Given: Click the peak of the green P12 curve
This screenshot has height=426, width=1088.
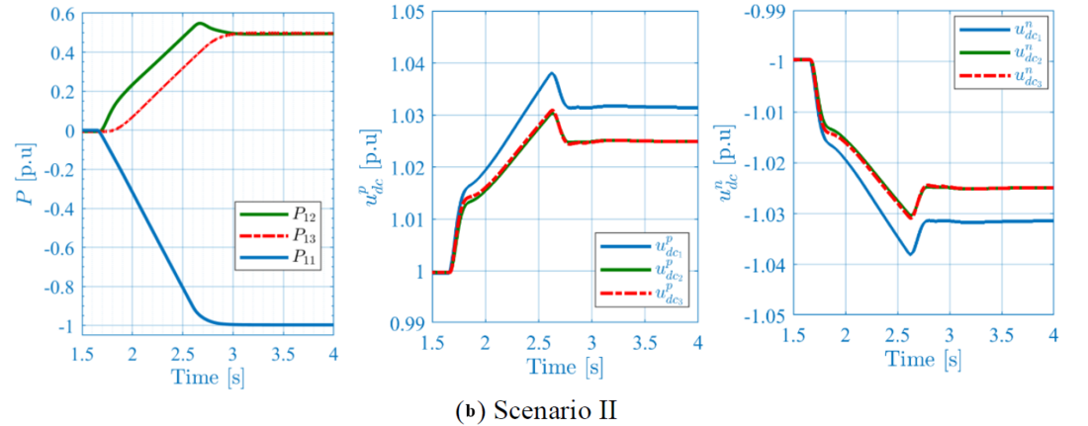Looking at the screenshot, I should click(200, 23).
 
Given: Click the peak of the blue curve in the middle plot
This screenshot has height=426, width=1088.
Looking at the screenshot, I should click(552, 73).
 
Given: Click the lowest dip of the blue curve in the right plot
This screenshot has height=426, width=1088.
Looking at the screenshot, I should click(911, 254).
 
